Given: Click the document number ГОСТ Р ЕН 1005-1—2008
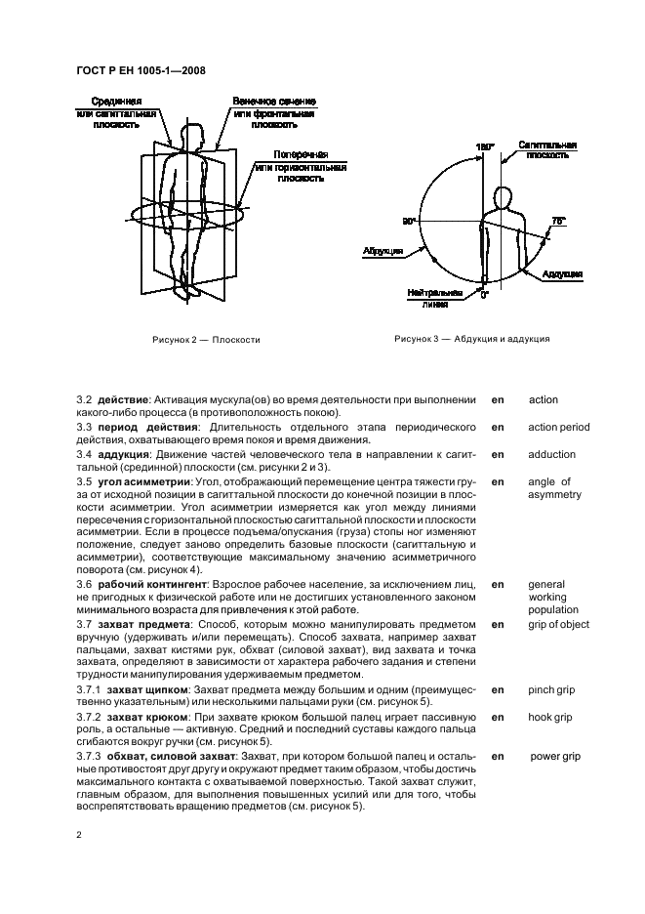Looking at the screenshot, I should click(x=140, y=70).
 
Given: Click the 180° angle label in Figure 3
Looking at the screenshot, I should click(x=485, y=146).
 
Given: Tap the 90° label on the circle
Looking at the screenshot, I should click(x=410, y=222).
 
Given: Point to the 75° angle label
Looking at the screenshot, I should click(x=558, y=222).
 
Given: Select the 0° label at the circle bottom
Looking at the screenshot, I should click(x=484, y=294).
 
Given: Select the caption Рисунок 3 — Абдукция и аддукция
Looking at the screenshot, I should click(x=472, y=339).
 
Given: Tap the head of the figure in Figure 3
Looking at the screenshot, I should click(x=504, y=198).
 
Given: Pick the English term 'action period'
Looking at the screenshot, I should click(x=558, y=428).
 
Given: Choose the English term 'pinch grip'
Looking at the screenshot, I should click(x=551, y=690).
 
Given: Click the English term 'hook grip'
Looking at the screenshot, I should click(x=550, y=718).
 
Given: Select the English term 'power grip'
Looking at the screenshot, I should click(x=555, y=756).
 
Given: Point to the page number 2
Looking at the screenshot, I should click(x=80, y=835).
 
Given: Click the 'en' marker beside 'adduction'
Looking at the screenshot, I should click(x=498, y=455).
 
